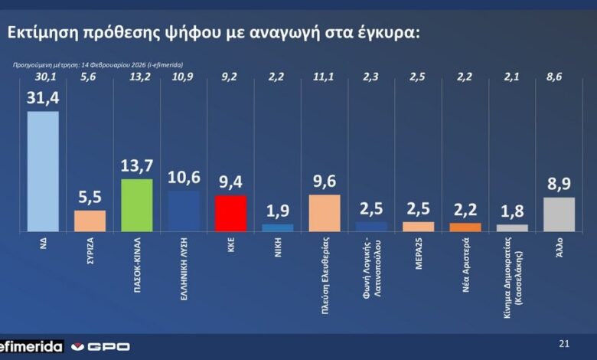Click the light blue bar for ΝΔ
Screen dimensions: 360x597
tap(42, 171)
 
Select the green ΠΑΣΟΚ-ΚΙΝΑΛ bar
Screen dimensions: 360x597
tap(137, 205)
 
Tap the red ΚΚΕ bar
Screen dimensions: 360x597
tap(230, 213)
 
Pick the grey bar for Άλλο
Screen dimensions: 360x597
tap(559, 214)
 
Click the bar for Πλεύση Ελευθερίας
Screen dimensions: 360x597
tap(324, 213)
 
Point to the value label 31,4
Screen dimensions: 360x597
tap(43, 99)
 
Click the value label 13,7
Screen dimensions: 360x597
tap(137, 167)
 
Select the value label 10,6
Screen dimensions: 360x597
tap(184, 178)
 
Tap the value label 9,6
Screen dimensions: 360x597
tap(324, 182)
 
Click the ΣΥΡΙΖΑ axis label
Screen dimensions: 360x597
tap(90, 254)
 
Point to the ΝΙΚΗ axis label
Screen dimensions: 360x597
tap(278, 248)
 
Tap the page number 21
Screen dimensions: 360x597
tap(565, 343)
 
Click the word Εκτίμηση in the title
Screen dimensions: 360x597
tap(38, 33)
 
